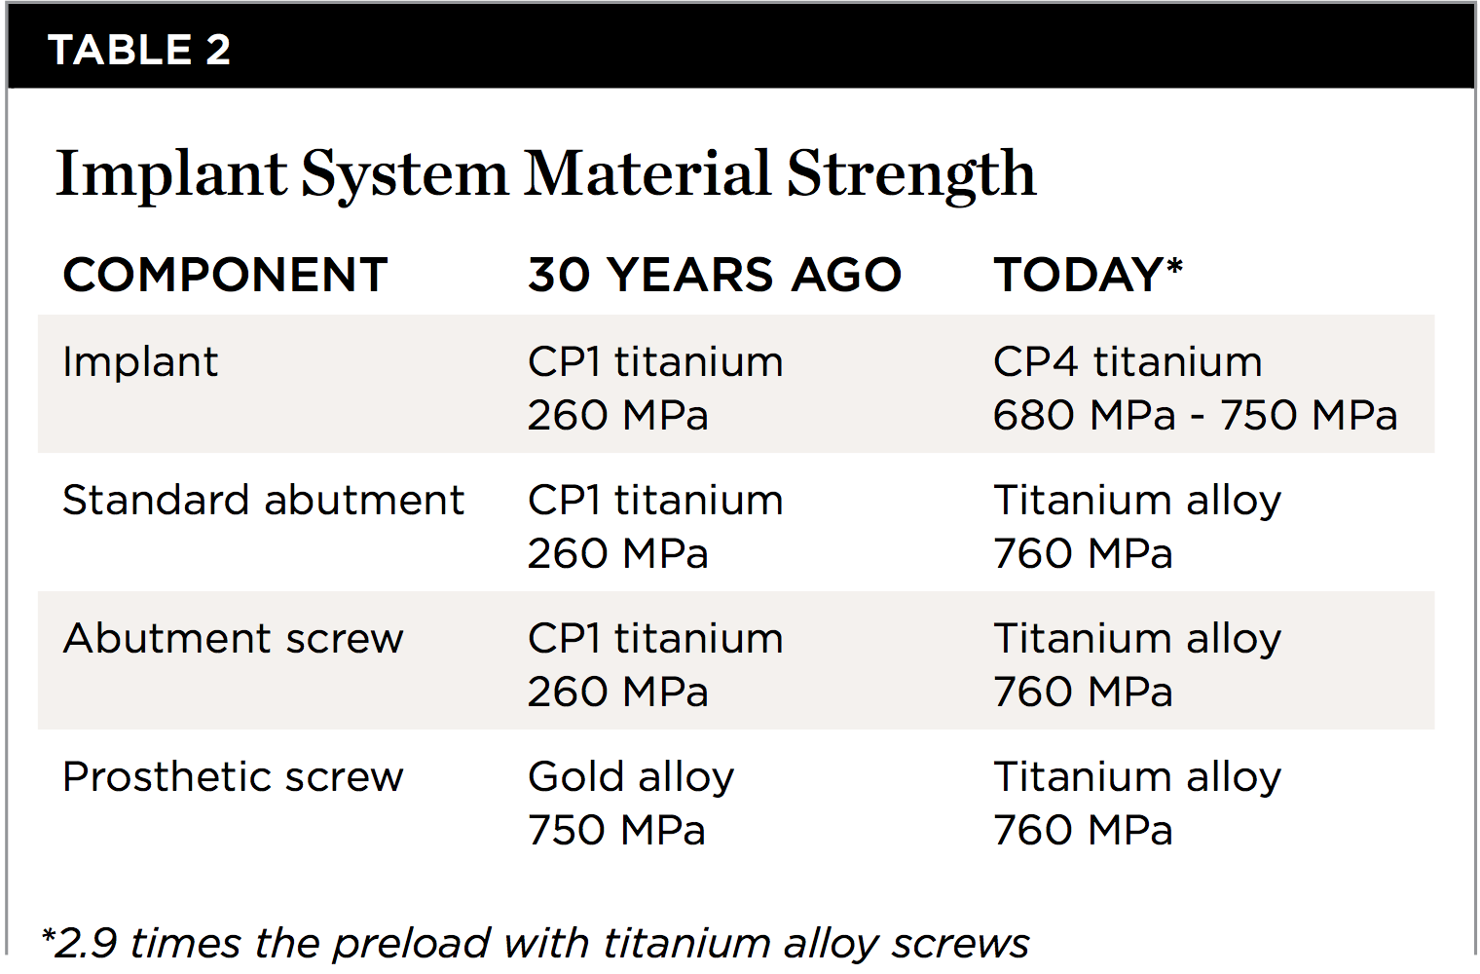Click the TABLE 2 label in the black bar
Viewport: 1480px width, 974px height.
139,50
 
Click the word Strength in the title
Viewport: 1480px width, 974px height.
911,175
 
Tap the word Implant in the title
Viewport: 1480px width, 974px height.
171,175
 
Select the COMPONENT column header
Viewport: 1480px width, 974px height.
225,275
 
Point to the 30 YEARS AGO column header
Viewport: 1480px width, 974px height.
715,275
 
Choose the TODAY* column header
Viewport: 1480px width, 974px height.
1088,275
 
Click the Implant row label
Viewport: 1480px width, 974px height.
140,362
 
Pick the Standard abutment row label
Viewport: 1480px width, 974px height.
263,501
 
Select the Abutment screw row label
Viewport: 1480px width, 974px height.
233,639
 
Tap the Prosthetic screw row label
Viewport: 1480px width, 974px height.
233,777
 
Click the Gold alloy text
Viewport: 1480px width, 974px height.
631,777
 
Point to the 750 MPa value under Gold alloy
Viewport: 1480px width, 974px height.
616,831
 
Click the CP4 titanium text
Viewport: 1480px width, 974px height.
1128,362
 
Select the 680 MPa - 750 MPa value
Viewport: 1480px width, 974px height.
1195,416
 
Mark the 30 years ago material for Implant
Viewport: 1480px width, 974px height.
655,362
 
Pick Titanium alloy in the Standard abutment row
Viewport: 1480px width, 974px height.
1137,501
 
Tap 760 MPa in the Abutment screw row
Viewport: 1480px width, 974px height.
1083,693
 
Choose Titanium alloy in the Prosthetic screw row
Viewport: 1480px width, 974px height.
1137,777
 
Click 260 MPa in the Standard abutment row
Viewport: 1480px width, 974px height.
617,554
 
